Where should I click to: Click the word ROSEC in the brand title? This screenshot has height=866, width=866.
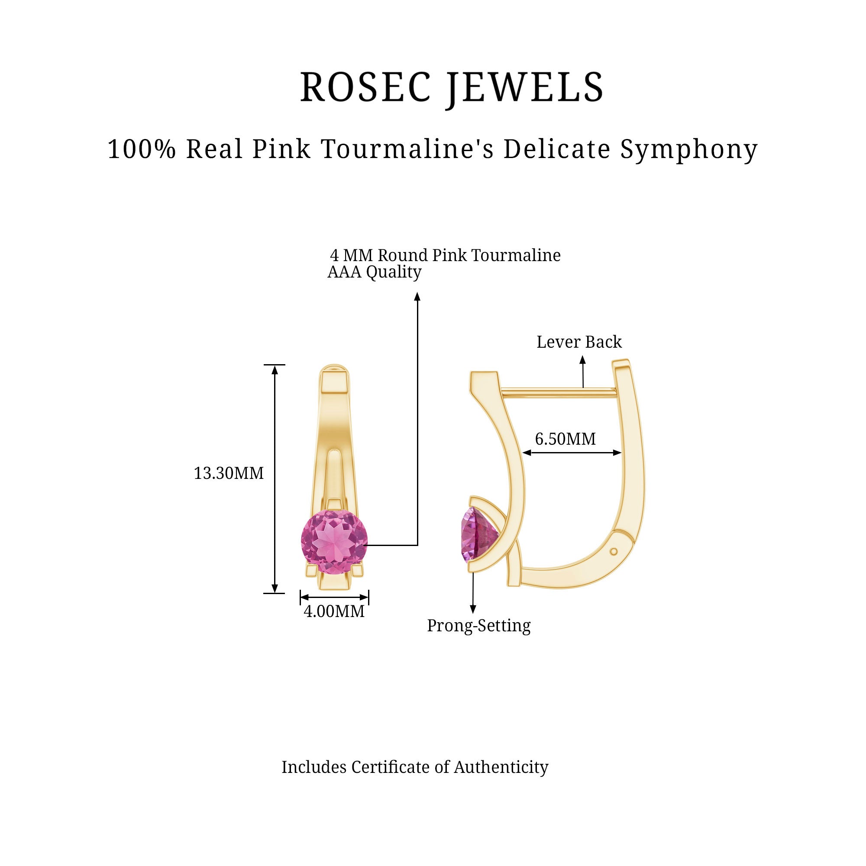[365, 87]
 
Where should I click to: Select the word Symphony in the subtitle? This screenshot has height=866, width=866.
[689, 150]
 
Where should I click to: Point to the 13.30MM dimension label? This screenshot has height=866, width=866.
[229, 473]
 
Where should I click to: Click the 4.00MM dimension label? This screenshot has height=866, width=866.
[334, 611]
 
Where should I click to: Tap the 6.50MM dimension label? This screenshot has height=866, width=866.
[565, 439]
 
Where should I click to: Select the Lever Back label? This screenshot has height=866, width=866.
[578, 342]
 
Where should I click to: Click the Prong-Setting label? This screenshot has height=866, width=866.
[478, 626]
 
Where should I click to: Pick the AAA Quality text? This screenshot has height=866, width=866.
[374, 272]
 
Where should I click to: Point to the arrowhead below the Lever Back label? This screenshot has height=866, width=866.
[583, 359]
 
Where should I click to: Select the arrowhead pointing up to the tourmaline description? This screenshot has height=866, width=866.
[417, 296]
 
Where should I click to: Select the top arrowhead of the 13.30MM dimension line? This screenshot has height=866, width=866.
[275, 369]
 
